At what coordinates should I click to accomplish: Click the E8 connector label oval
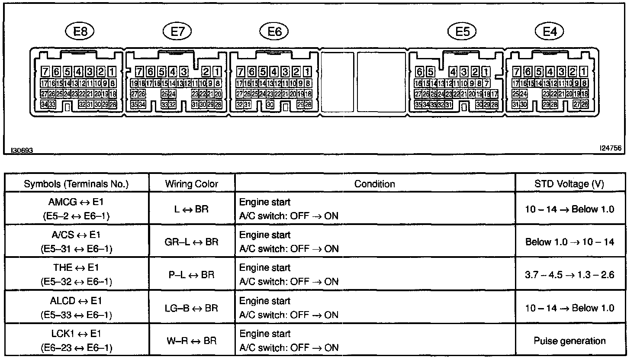80,31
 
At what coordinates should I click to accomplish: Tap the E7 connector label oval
177,31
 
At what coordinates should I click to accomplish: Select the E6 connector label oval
274,31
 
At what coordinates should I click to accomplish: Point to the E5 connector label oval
462,31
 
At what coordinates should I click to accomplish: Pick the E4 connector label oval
550,31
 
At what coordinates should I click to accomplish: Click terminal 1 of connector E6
307,72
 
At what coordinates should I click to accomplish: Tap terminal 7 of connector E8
45,72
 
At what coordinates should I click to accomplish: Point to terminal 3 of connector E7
184,72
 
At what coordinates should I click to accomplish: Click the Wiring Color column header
192,184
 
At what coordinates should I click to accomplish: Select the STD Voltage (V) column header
569,184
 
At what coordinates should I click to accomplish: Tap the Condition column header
375,184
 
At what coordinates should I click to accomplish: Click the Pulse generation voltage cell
569,341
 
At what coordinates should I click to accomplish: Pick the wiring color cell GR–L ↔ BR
192,242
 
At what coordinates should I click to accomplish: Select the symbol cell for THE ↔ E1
77,275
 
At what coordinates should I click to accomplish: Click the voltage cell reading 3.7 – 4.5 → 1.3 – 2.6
569,275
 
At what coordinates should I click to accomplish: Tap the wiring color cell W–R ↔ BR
192,341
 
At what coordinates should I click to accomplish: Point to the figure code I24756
611,148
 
